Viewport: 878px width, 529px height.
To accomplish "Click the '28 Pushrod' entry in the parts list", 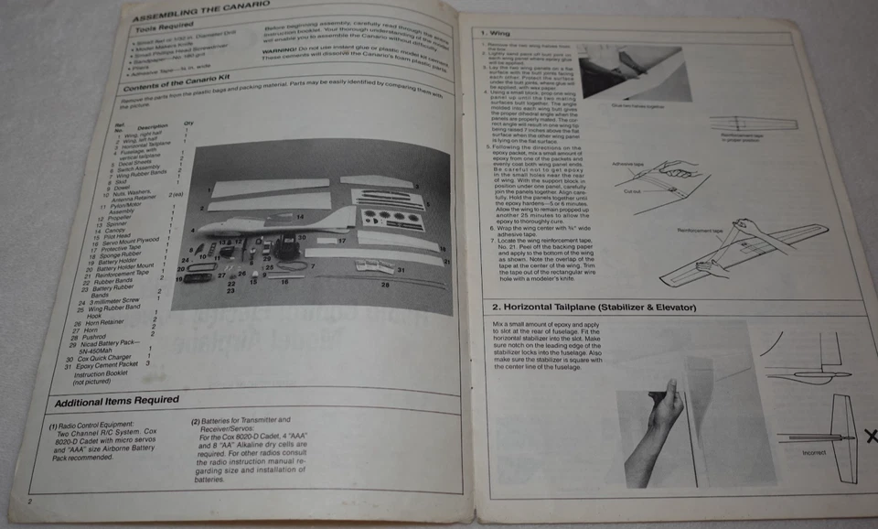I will (85, 337).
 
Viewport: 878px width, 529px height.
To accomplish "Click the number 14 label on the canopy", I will (299, 216).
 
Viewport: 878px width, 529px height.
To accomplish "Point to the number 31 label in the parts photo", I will (401, 269).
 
